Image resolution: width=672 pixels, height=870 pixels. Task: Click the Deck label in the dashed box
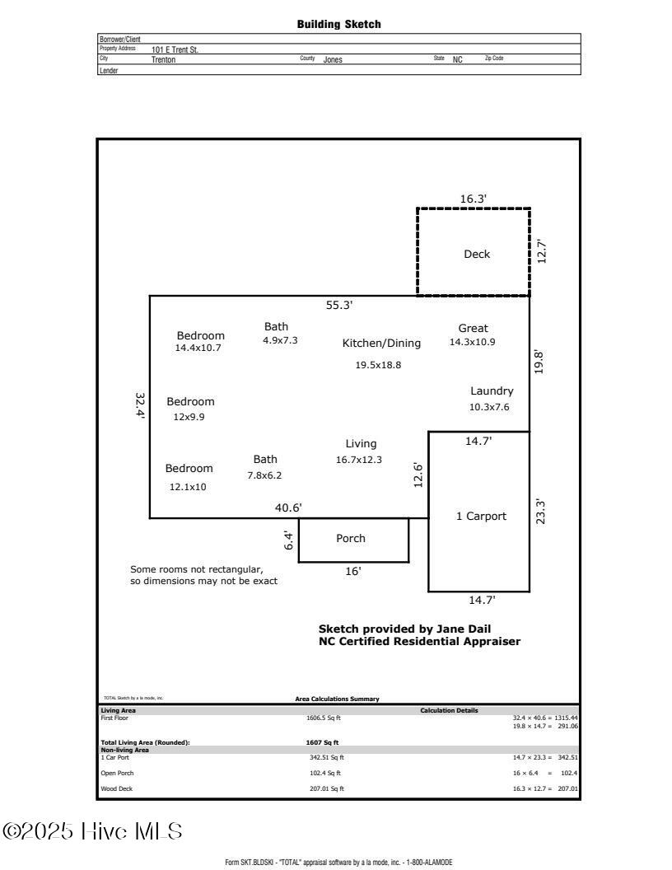(x=476, y=254)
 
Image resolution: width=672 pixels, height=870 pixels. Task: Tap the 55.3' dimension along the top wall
(x=339, y=305)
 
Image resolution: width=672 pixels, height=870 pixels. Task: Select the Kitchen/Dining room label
(x=381, y=343)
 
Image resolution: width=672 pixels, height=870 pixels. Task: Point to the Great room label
(x=473, y=328)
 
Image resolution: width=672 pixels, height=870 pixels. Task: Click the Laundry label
(x=492, y=391)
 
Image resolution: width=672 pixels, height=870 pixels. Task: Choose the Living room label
(x=361, y=444)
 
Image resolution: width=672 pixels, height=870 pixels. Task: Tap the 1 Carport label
(x=481, y=517)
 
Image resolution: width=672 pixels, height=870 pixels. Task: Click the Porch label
(x=351, y=539)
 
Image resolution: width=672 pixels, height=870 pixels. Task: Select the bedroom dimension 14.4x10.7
(x=198, y=348)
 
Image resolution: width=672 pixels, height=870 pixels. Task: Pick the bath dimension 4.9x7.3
(x=280, y=340)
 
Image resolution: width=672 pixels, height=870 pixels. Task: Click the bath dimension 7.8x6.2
(x=265, y=475)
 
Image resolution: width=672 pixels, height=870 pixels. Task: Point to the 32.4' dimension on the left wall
(x=140, y=406)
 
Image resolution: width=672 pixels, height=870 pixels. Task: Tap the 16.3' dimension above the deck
(x=473, y=199)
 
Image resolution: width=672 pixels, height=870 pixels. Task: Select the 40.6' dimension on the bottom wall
(x=288, y=507)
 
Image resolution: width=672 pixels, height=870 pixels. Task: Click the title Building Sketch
(x=338, y=24)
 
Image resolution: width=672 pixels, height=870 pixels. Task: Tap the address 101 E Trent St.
(x=175, y=49)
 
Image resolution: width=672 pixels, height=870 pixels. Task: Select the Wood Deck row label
(x=116, y=788)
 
